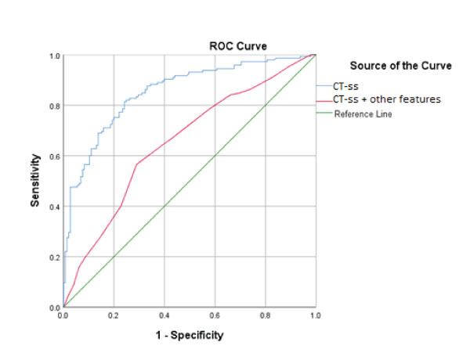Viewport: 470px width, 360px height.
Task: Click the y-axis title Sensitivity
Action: tap(35, 182)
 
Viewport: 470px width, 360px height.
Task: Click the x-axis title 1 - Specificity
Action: tap(189, 336)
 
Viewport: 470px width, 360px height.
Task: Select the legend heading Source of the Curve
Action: tap(400, 66)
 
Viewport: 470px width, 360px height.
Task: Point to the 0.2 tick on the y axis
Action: tap(56, 257)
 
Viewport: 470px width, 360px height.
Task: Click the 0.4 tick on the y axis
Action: tap(56, 207)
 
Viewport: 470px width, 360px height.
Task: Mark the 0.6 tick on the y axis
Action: tap(56, 157)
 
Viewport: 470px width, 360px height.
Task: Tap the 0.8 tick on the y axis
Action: tap(56, 106)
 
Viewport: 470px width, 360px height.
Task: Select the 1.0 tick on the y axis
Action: tap(56, 56)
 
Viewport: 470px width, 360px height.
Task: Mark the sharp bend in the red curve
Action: tap(136, 164)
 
